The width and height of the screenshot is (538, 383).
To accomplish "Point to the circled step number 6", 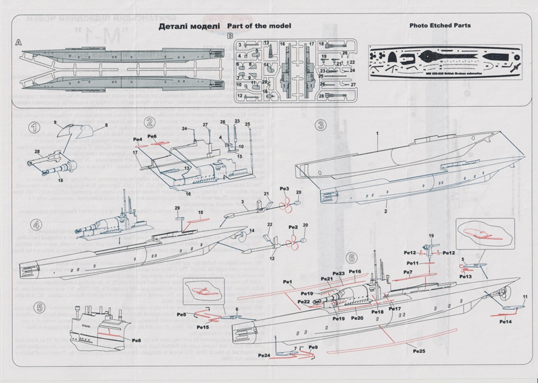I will [x=350, y=257].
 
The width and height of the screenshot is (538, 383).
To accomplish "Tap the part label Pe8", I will [x=136, y=341].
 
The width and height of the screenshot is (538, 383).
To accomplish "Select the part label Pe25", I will [x=419, y=350].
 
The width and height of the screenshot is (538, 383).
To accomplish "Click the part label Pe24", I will [x=264, y=355].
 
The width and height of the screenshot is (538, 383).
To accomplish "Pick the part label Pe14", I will [x=506, y=322].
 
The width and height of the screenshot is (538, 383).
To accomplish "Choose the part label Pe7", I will [x=408, y=272].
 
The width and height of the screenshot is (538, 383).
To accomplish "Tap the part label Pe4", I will [x=137, y=139].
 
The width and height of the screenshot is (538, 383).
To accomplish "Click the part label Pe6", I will [x=152, y=136].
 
